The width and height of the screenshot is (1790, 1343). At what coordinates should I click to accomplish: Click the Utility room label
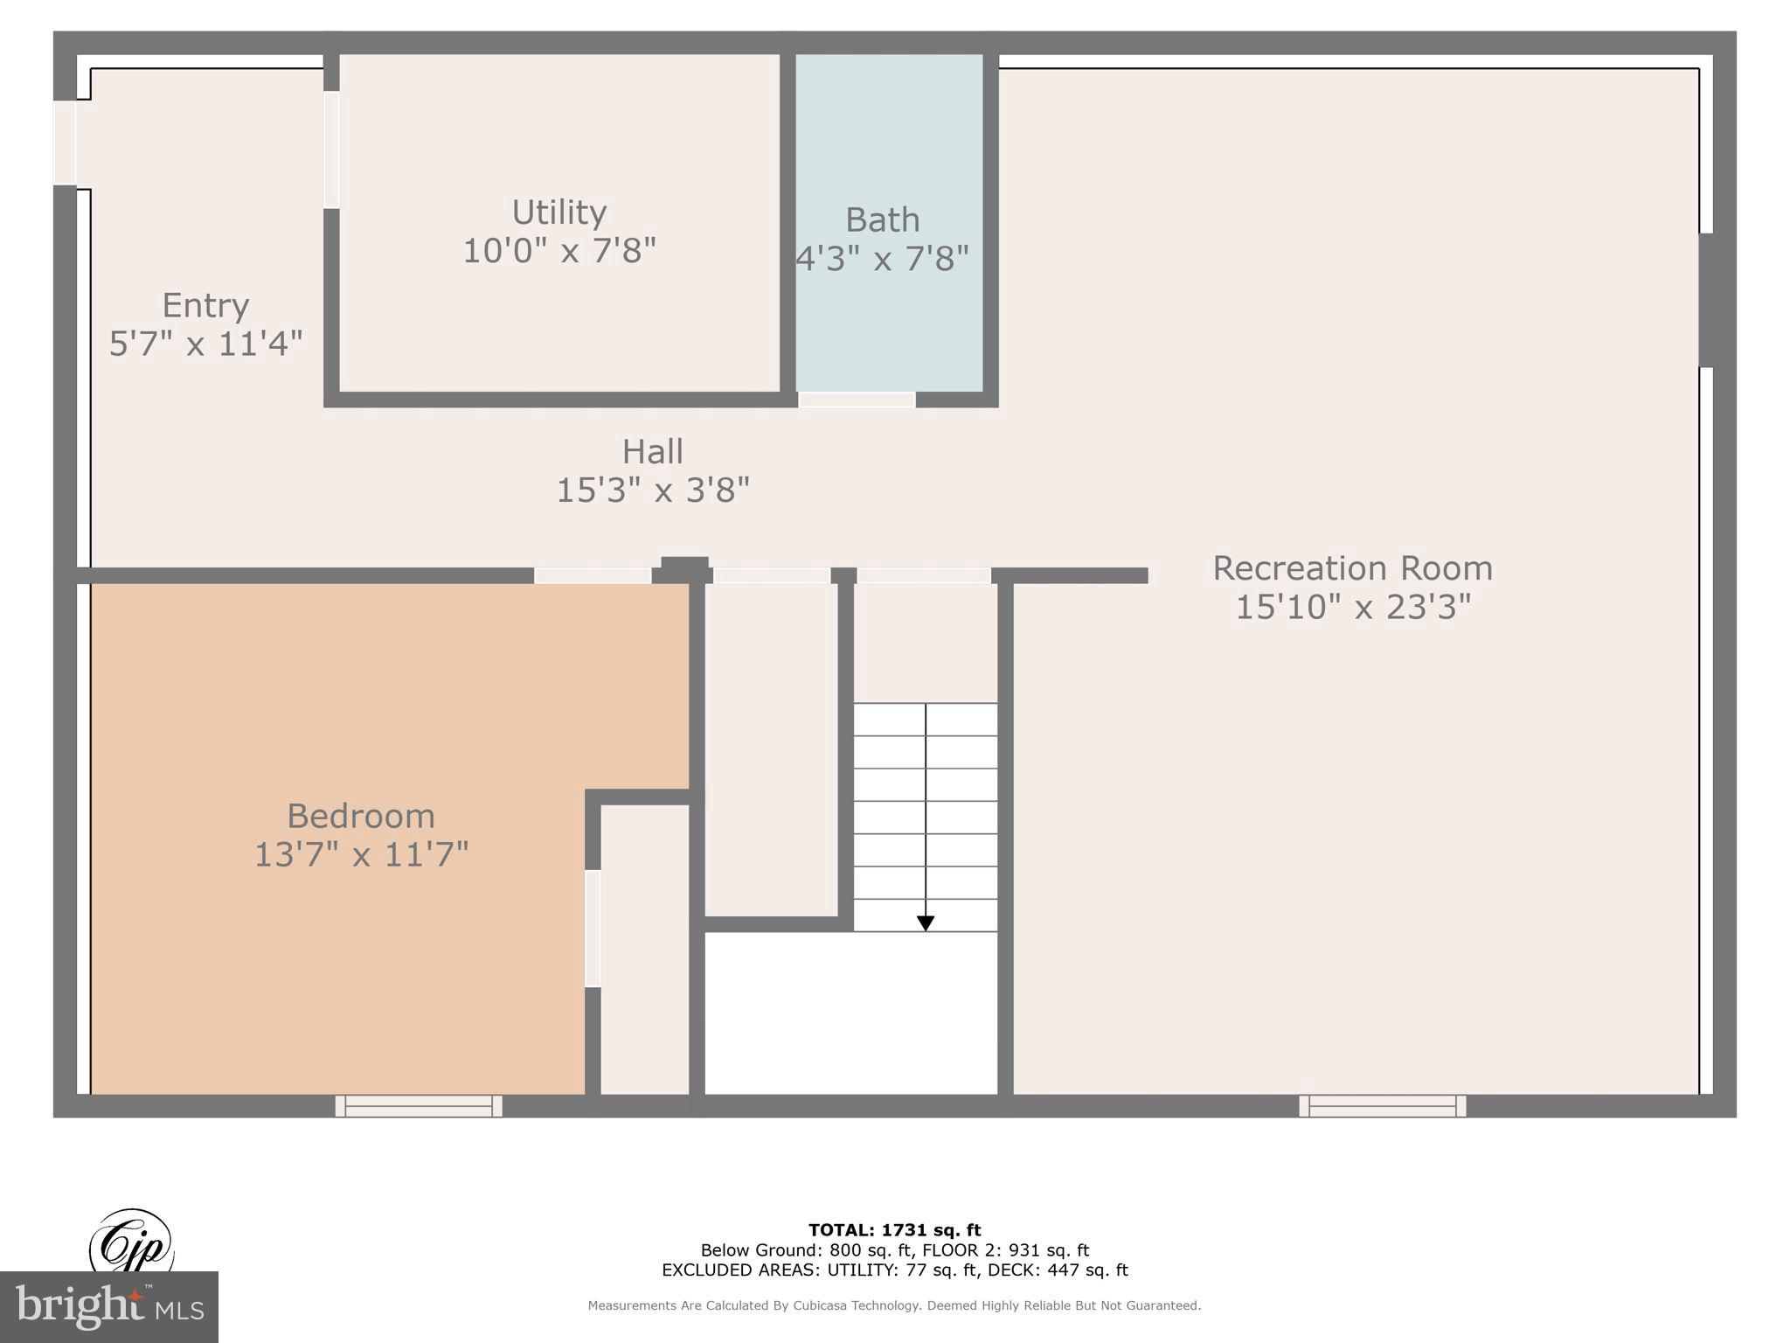[x=559, y=212]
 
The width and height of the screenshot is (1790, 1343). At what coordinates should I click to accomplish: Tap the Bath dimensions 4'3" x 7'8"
[x=882, y=258]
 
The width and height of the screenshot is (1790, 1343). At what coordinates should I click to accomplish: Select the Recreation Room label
[x=1352, y=568]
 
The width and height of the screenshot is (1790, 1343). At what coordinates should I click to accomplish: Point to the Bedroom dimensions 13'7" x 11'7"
[x=361, y=854]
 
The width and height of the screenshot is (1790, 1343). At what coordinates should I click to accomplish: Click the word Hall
[x=652, y=452]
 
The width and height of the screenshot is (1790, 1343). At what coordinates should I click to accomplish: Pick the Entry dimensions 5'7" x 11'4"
[x=205, y=344]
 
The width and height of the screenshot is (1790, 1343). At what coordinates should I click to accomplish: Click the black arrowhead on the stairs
[x=926, y=923]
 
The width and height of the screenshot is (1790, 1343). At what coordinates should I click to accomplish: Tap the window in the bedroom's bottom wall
[x=419, y=1106]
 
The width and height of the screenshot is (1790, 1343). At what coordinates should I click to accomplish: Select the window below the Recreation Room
[x=1383, y=1106]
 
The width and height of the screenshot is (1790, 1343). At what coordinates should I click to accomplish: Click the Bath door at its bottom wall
[x=857, y=400]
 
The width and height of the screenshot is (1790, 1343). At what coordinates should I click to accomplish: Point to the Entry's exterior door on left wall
[x=66, y=143]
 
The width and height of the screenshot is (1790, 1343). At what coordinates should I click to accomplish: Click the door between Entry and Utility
[x=331, y=150]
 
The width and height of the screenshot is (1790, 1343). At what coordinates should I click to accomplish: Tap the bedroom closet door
[x=593, y=928]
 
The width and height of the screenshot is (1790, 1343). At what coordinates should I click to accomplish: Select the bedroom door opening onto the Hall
[x=593, y=575]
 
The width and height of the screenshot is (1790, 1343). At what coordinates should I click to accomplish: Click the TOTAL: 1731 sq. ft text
[x=894, y=1230]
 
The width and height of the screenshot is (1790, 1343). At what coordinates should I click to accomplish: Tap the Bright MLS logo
[x=108, y=1306]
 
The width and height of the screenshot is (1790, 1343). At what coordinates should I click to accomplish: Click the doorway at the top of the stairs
[x=923, y=575]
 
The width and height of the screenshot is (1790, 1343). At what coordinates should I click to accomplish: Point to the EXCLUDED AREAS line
[x=894, y=1270]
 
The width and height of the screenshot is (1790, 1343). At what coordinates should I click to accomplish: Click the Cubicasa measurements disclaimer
[x=894, y=1305]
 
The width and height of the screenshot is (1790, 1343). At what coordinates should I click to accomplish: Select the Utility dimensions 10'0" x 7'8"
[x=559, y=251]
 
